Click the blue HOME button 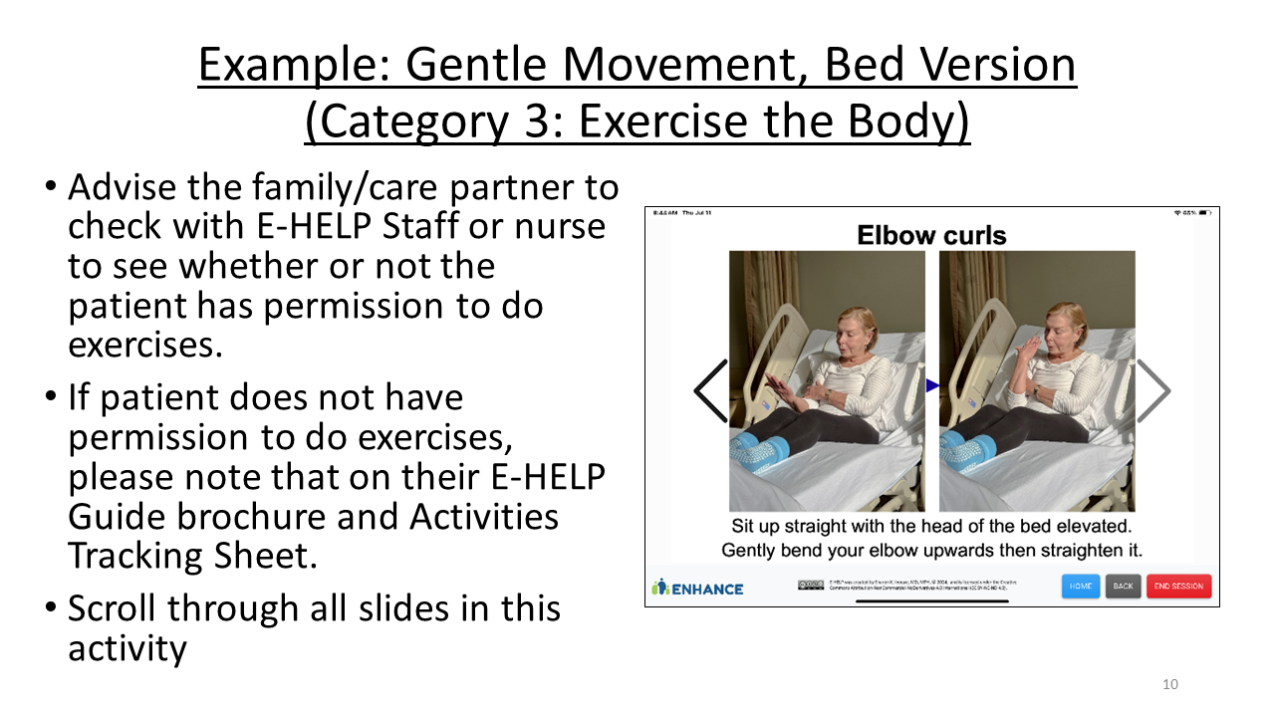click(x=1081, y=587)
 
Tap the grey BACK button click(x=1123, y=587)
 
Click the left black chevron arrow click(x=711, y=390)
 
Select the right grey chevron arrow click(x=1152, y=390)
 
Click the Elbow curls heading click(x=931, y=236)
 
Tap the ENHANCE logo click(x=697, y=588)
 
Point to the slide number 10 click(x=1170, y=684)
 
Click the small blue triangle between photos click(x=932, y=385)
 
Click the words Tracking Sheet click(x=192, y=556)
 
